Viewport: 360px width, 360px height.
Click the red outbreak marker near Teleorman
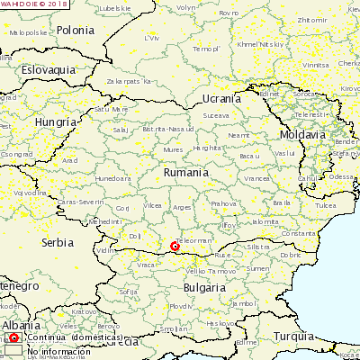tap(175, 246)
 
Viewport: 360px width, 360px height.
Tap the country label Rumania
tap(186, 171)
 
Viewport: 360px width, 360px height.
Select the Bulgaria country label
tap(204, 287)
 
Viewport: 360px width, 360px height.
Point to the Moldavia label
tap(301, 134)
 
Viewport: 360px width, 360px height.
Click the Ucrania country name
tap(221, 98)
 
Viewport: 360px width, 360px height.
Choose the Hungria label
tap(56, 121)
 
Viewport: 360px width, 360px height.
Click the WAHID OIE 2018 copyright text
tap(34, 4)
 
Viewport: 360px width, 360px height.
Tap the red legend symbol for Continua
tap(13, 338)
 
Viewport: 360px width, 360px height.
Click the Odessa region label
tap(342, 176)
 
